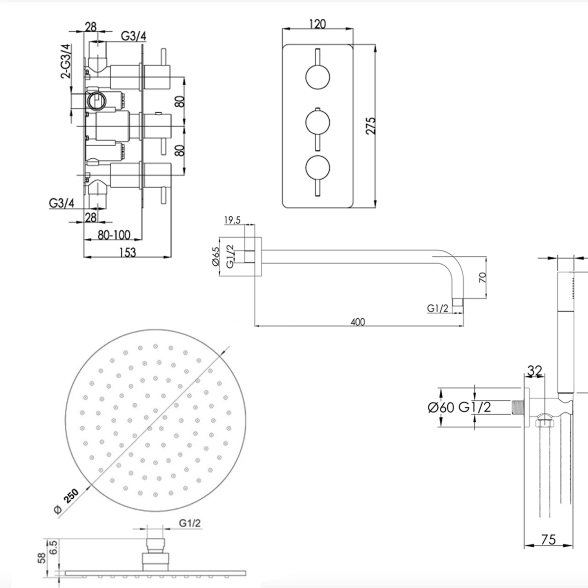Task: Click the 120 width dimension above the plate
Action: coord(317,24)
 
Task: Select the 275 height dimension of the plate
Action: coord(370,125)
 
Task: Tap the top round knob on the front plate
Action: coord(318,77)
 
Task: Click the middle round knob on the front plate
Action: coord(318,123)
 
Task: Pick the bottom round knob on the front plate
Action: coord(318,168)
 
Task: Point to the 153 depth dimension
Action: coord(127,252)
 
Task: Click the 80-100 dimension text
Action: coord(114,235)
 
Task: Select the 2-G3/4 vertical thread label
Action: coord(66,61)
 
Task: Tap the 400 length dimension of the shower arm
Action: coord(358,322)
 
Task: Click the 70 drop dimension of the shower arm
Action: coord(482,278)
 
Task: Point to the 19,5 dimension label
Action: coord(232,220)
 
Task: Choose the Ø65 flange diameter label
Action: coord(216,256)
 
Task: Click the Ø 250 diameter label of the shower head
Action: coord(67,501)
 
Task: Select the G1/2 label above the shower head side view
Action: coord(190,523)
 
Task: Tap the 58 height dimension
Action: coord(42,558)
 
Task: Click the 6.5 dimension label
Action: coord(53,547)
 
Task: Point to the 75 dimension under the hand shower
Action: coord(548,540)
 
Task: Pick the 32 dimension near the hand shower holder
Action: coord(535,370)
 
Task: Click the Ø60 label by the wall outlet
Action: coord(441,407)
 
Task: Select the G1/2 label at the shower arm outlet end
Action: coord(437,308)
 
